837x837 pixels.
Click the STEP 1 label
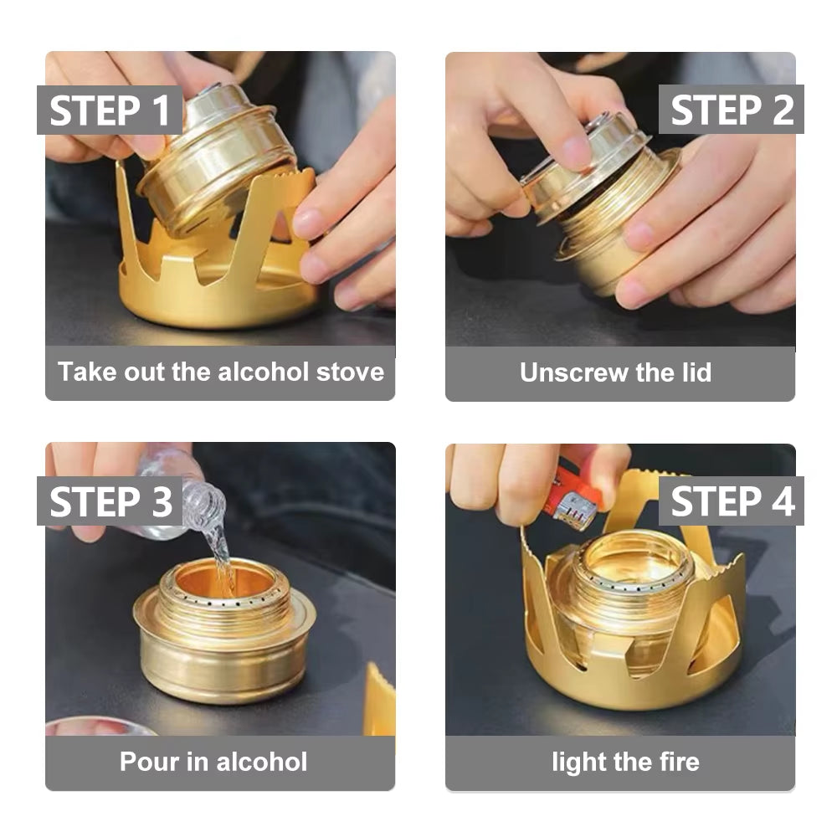(x=110, y=110)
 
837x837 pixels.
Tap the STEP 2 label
(x=731, y=110)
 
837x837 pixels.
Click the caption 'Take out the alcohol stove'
(x=220, y=372)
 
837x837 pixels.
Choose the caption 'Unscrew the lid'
(x=615, y=372)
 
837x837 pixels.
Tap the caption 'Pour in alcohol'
(x=213, y=762)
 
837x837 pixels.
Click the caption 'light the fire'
(x=625, y=762)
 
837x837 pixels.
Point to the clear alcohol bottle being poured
(x=180, y=494)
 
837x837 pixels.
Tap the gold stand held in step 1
(x=218, y=276)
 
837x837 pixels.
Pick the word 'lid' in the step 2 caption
(x=695, y=372)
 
